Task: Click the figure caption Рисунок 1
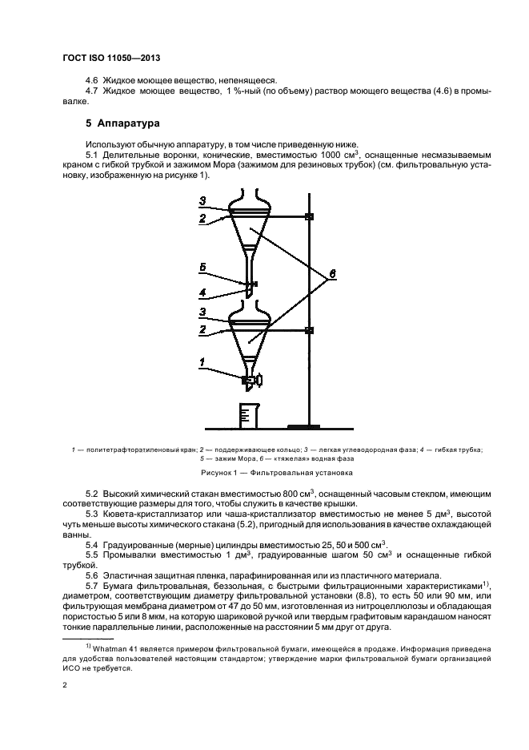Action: coord(264,474)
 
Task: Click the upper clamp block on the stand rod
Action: coord(309,216)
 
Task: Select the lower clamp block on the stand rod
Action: coord(309,329)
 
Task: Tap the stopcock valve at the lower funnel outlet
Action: coord(250,378)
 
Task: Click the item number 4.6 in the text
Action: coord(93,80)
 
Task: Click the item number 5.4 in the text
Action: coord(93,545)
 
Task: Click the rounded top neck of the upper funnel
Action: coord(251,198)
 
